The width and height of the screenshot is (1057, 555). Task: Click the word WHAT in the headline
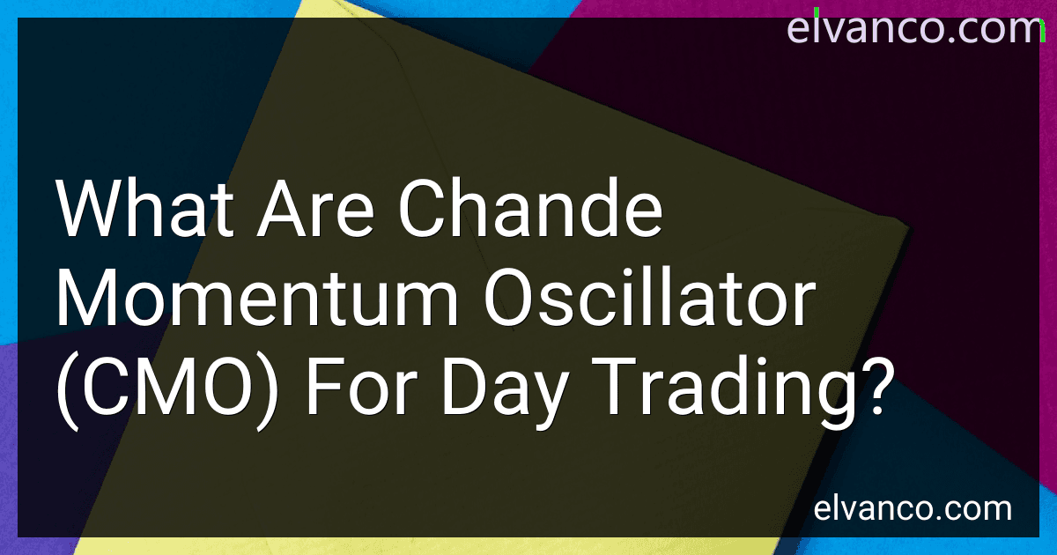(x=145, y=208)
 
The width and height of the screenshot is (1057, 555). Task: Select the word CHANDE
(x=530, y=208)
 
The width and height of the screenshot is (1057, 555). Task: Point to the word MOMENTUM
(x=257, y=298)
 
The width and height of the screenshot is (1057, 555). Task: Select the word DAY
(x=504, y=394)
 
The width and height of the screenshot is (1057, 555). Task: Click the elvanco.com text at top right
(x=915, y=28)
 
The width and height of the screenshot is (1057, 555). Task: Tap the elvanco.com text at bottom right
(x=913, y=509)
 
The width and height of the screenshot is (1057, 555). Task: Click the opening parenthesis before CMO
(x=68, y=394)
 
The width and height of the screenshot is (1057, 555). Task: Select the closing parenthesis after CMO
(x=266, y=394)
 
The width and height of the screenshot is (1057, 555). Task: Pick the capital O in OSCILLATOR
(x=507, y=298)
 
